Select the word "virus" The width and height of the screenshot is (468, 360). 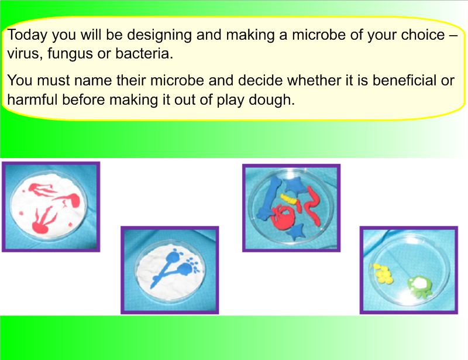coord(22,54)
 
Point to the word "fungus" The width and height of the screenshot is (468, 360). coord(68,54)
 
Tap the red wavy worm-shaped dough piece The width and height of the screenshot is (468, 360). coord(312,208)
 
